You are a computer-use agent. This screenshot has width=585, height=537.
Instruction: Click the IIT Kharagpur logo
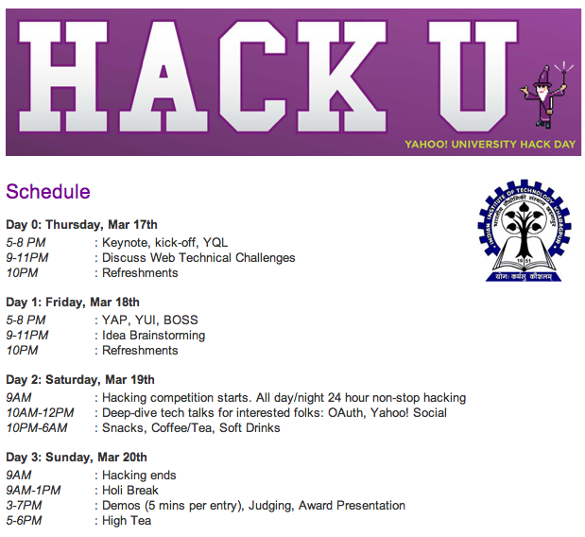525,231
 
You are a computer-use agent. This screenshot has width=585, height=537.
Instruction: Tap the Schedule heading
48,192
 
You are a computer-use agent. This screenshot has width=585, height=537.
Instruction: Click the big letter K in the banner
341,77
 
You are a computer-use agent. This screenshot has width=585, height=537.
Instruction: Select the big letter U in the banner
473,77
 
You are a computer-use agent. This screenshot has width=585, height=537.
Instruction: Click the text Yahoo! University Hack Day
490,144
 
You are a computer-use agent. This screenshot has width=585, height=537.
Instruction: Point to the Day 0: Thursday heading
81,225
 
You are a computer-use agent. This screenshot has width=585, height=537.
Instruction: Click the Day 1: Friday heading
73,302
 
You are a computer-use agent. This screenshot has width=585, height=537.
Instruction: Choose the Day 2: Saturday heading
80,379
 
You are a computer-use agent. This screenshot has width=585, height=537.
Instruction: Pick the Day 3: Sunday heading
77,458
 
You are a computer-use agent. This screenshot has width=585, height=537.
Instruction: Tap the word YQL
215,243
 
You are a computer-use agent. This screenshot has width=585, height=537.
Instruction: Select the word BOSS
181,320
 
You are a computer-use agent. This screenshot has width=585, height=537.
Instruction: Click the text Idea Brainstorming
154,336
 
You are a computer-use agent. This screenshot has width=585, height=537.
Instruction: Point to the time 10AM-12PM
40,413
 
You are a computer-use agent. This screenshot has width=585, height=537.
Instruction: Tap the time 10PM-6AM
37,427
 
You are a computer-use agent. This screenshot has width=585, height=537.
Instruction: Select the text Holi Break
130,490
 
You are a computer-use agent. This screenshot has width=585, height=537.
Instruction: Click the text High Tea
127,521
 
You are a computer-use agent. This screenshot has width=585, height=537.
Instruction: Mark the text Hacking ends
139,475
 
